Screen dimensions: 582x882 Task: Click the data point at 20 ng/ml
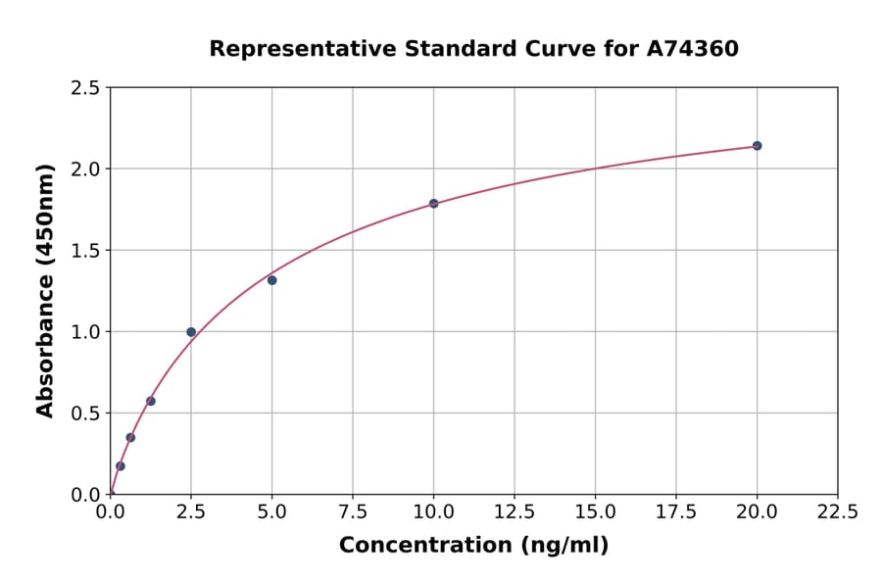757,146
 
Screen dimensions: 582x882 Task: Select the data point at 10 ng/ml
433,204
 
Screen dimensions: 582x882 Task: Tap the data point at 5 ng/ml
271,280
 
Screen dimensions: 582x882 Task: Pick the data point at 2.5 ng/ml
191,332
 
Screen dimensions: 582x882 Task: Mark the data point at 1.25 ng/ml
151,401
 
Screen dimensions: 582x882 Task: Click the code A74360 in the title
693,48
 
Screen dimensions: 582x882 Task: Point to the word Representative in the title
285,48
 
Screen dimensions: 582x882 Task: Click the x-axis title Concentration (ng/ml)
473,546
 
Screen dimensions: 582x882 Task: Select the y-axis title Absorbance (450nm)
45,290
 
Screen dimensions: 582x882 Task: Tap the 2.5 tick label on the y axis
85,88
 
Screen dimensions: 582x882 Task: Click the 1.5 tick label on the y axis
85,251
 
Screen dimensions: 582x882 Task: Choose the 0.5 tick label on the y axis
85,413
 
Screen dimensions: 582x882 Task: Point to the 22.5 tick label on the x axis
838,512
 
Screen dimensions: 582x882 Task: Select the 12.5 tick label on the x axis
514,512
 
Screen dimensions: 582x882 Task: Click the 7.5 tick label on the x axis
353,512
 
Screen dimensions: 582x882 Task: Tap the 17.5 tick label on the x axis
676,512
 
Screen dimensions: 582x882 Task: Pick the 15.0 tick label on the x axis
595,512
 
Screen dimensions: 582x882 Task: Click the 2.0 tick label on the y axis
85,170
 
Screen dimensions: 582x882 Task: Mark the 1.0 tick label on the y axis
85,332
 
